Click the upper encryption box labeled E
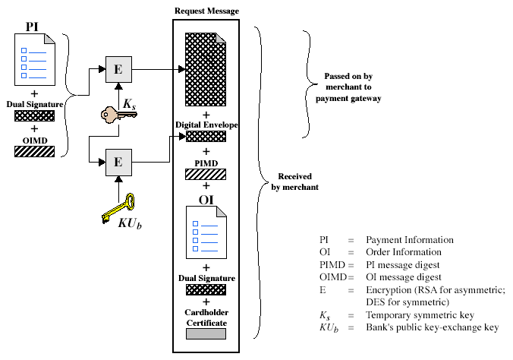click(118, 68)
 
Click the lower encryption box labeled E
click(118, 161)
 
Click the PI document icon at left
click(34, 56)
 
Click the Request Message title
click(206, 11)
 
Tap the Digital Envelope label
click(206, 124)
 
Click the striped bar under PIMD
click(206, 175)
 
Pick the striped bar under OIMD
click(34, 151)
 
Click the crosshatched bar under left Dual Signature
click(34, 116)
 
